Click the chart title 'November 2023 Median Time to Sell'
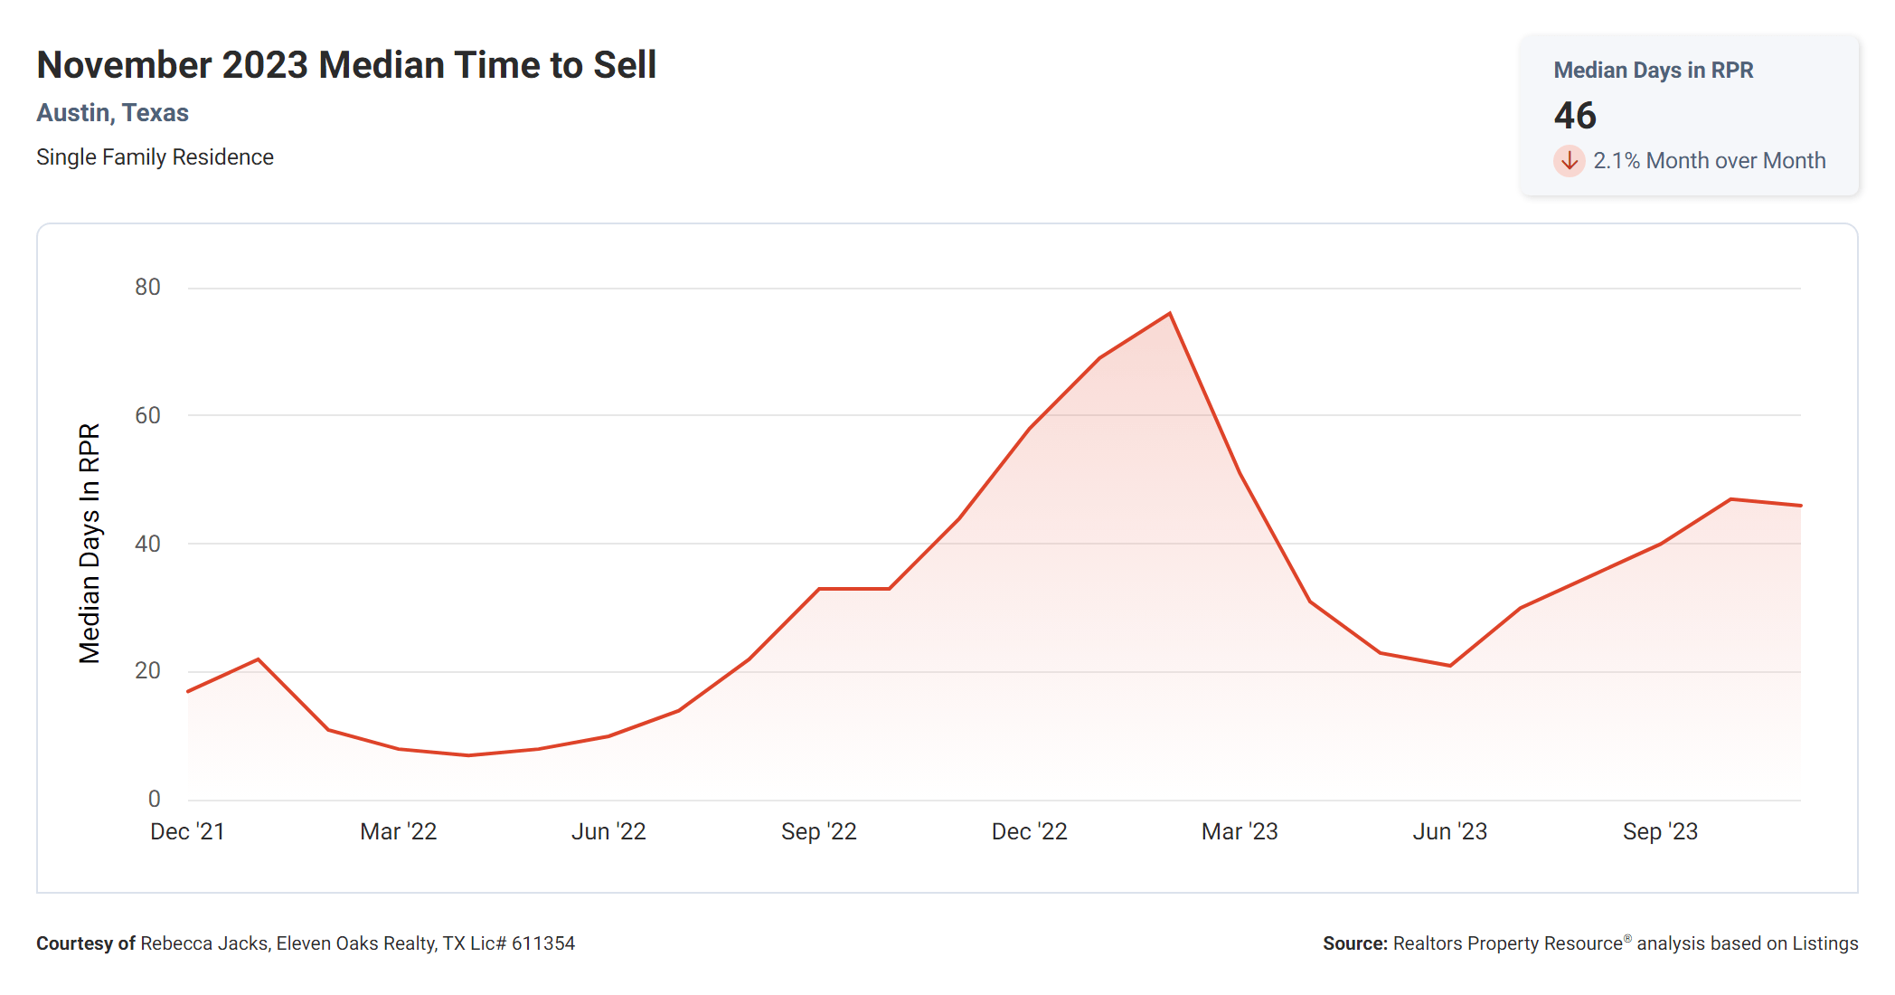coord(346,65)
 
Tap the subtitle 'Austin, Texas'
coord(112,113)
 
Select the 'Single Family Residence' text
coord(155,157)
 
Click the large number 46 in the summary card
coord(1575,116)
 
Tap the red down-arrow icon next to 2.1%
coord(1570,161)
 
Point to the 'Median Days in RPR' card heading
coord(1653,71)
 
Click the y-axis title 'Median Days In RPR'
coord(90,543)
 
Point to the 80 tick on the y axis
coord(147,288)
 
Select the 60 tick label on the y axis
coord(147,416)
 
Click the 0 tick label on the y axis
coord(155,799)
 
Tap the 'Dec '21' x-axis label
coord(187,832)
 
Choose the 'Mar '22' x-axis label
coord(398,832)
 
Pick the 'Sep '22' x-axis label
coord(818,832)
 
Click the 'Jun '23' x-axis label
coord(1449,832)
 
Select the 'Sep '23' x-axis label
coord(1660,832)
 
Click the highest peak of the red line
coord(1170,314)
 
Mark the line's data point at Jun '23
coord(1450,666)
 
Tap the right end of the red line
coord(1800,506)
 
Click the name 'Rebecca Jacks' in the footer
coord(204,943)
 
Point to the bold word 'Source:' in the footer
coord(1354,943)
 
